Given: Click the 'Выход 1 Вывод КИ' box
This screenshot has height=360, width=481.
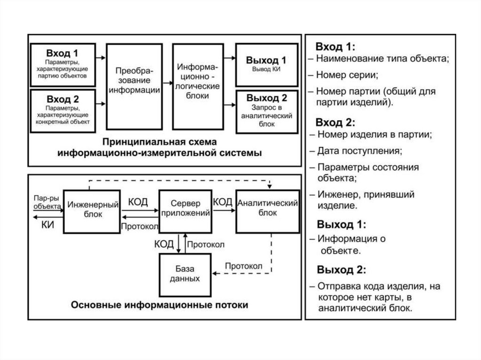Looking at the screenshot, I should point(266,64).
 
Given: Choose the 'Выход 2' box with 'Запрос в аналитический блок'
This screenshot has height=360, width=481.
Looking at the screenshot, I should point(266,111).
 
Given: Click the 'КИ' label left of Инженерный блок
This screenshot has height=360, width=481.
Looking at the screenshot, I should point(47,224).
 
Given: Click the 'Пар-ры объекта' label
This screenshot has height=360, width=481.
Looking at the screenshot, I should point(46,202).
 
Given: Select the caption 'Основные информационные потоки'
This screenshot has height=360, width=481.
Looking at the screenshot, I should point(160,305).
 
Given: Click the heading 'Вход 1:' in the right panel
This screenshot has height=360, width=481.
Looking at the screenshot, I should point(336,47).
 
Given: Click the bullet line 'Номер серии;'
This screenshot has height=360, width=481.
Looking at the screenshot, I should point(348,75).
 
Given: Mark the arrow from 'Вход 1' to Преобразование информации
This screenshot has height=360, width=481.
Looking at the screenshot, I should point(101,58).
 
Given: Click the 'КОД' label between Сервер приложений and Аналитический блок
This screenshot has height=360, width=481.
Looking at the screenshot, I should point(223,202).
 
